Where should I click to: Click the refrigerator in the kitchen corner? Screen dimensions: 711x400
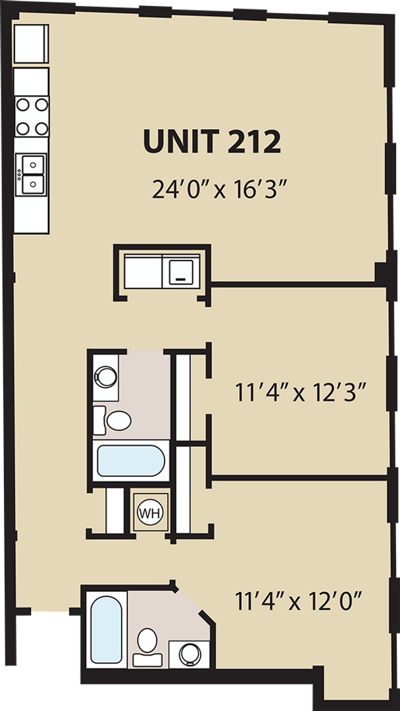(31, 44)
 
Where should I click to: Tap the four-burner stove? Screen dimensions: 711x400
(32, 115)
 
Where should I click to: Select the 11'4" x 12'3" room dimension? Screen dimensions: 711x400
(299, 393)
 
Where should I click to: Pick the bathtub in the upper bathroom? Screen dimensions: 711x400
(130, 461)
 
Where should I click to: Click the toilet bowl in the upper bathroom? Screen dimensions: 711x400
(118, 420)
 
